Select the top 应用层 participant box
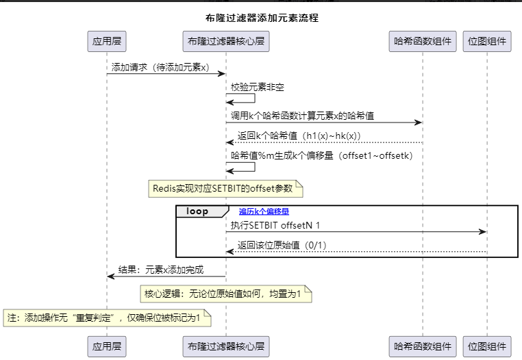[106, 42]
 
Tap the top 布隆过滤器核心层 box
[226, 42]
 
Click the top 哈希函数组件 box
[422, 42]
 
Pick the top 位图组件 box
[487, 42]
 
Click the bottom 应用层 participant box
[106, 347]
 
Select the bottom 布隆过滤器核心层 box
[226, 347]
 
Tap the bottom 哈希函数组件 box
[422, 347]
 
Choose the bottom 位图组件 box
[487, 347]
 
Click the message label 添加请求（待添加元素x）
[160, 68]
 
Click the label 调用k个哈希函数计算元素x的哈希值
[307, 116]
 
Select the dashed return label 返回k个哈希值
[299, 136]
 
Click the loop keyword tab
[197, 212]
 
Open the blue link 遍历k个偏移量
[264, 212]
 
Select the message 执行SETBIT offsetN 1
[275, 225]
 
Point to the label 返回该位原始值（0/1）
[282, 245]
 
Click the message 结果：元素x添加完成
[161, 270]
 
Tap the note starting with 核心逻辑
[226, 294]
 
